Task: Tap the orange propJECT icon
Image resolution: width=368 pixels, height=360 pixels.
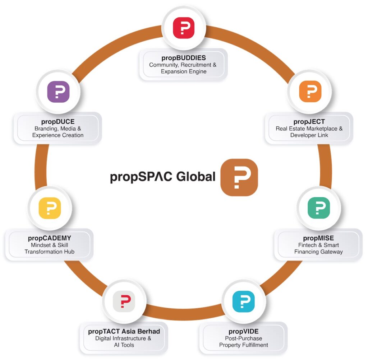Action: tap(310, 91)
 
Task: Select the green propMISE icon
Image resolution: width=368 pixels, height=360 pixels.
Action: tap(318, 207)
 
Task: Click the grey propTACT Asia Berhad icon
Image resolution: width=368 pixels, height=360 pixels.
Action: tap(124, 301)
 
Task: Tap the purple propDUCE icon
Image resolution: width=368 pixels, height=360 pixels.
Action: tap(58, 92)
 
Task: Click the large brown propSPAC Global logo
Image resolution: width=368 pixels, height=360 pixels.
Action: tap(239, 177)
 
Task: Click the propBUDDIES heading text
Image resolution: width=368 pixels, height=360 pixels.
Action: tap(183, 58)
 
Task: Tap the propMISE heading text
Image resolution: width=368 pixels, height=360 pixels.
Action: tap(318, 238)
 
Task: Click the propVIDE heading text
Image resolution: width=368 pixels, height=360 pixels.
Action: tap(243, 331)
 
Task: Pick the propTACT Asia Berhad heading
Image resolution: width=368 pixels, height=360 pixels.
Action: tap(124, 331)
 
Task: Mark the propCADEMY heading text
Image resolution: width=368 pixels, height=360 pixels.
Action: tap(49, 238)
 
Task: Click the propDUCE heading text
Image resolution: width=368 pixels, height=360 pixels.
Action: tap(57, 122)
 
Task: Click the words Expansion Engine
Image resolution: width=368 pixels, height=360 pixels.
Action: tap(183, 71)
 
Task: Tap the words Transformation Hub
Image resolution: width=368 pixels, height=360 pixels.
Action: tap(49, 252)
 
